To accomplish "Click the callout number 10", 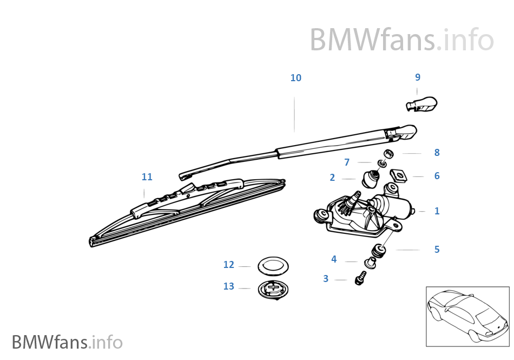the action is [x=295, y=78].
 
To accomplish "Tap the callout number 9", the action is [x=418, y=77].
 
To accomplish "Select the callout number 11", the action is [x=147, y=177].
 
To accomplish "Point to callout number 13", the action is [x=229, y=286].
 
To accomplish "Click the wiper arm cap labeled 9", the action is [x=421, y=104].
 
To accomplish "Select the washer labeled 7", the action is [x=381, y=163].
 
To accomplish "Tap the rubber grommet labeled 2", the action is [x=371, y=179].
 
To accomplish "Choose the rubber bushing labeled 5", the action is [x=379, y=250].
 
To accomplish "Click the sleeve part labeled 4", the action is [x=370, y=263].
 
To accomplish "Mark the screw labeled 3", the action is [x=360, y=278].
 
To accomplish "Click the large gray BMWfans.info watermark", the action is [x=402, y=40].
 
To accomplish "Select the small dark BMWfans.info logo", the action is [x=68, y=342].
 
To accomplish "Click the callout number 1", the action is [x=437, y=211].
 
